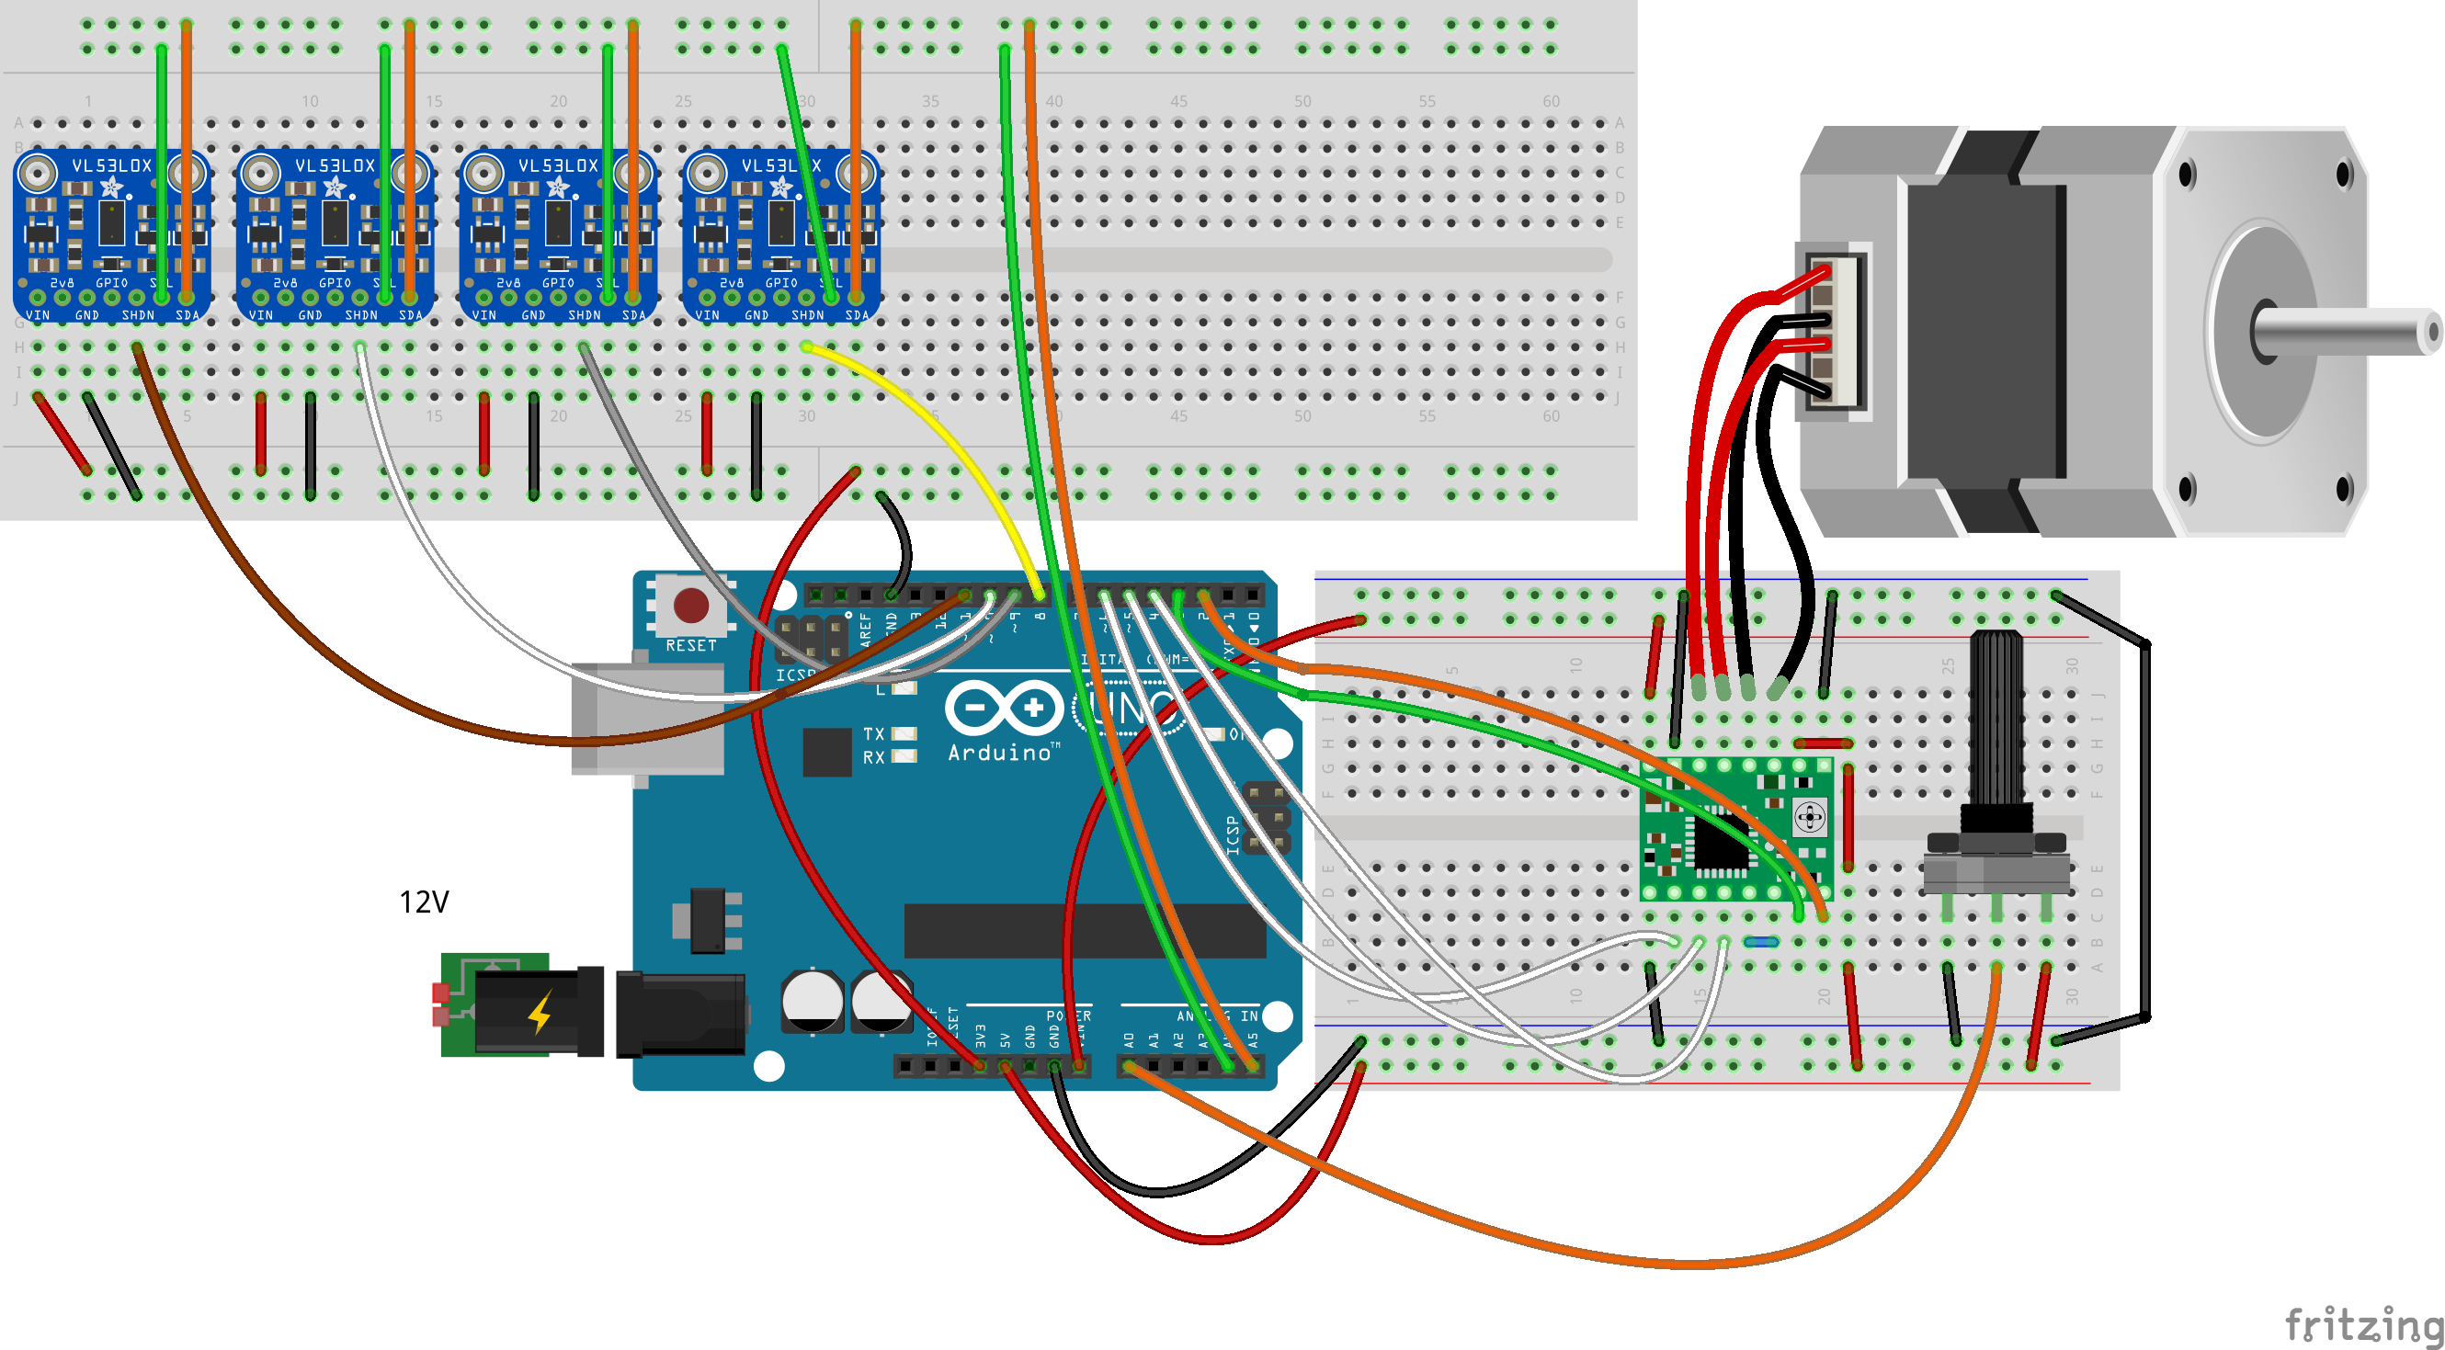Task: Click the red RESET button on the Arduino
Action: [690, 605]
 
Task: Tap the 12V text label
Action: [424, 902]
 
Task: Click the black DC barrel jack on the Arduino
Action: [679, 1015]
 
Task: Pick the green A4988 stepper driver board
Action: [1735, 828]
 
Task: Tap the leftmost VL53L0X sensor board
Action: [111, 235]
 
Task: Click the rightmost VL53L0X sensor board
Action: [780, 235]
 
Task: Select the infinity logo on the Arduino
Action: [1004, 708]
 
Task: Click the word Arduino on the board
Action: [999, 754]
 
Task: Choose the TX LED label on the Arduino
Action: [873, 733]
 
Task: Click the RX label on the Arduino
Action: [873, 757]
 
